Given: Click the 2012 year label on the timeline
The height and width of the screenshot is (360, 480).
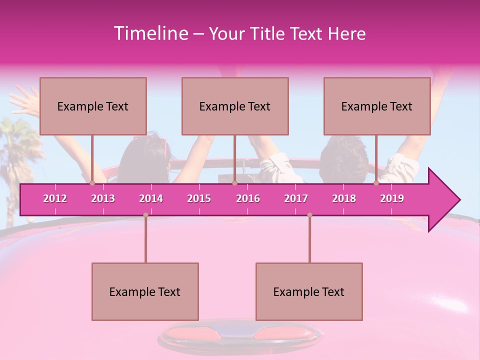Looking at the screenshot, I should click(55, 198).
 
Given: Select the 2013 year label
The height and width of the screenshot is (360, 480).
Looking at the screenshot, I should click(103, 198).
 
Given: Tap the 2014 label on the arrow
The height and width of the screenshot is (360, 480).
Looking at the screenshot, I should click(151, 198).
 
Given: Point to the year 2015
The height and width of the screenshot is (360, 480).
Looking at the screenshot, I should click(199, 198).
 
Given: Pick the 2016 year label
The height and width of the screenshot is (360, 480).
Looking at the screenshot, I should click(248, 198).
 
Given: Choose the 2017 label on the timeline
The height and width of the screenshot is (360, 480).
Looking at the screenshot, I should click(296, 198).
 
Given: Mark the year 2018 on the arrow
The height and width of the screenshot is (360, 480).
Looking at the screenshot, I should click(344, 198).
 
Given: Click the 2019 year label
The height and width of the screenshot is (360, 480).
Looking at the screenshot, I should click(392, 198).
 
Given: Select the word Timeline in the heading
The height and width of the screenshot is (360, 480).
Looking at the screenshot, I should click(149, 33).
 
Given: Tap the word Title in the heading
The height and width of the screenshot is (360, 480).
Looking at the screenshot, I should click(267, 33).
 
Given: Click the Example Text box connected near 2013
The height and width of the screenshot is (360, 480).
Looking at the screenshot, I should click(93, 106).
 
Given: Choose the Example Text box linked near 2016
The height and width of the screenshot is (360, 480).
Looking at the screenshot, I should click(235, 106).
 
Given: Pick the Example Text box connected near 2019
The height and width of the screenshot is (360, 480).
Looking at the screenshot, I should click(377, 106).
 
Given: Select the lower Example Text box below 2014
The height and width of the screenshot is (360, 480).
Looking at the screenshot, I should click(145, 291).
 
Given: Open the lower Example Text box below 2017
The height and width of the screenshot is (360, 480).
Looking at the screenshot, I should click(309, 291).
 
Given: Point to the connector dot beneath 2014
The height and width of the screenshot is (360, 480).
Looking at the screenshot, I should click(145, 215).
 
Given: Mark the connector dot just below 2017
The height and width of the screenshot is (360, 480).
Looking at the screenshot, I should click(309, 215).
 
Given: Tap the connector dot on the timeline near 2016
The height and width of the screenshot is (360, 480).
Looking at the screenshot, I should click(234, 183).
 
